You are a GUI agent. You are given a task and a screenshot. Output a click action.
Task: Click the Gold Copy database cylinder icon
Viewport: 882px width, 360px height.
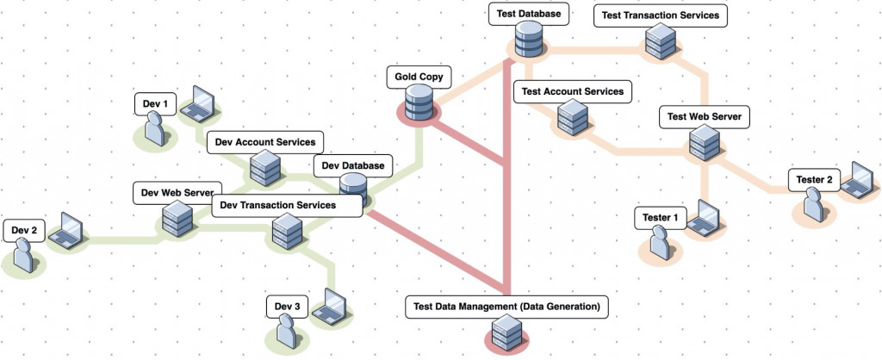pyautogui.click(x=418, y=104)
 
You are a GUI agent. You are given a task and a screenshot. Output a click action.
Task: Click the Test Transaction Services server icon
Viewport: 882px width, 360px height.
pyautogui.click(x=661, y=40)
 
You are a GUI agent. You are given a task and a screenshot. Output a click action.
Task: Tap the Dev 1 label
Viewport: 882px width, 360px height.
pyautogui.click(x=157, y=105)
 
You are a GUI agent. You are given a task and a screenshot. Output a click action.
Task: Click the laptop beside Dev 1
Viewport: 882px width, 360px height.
pyautogui.click(x=203, y=102)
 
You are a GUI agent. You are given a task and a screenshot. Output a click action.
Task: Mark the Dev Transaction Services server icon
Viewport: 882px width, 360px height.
pyautogui.click(x=285, y=231)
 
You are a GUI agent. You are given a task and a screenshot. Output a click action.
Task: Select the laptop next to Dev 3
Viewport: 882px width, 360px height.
pyautogui.click(x=330, y=305)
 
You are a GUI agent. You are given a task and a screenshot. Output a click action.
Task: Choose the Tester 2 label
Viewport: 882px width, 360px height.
pyautogui.click(x=814, y=180)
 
